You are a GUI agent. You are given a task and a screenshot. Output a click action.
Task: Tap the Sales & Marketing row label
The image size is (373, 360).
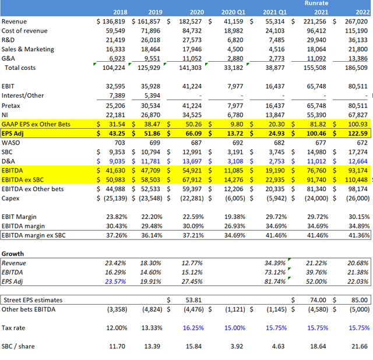28,50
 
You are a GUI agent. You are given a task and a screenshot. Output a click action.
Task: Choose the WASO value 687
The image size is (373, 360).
196,142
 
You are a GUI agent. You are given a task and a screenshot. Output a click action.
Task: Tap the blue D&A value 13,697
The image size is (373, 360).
190,161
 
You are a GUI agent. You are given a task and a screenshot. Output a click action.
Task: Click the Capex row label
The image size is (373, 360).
12,198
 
